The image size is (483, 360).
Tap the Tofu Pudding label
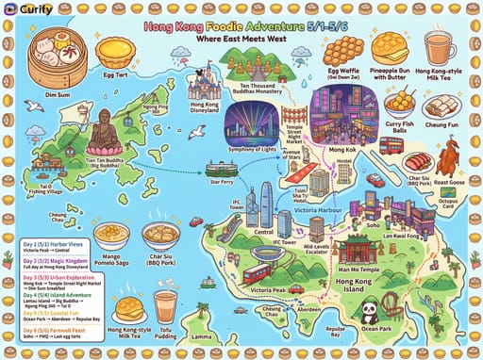point(167,333)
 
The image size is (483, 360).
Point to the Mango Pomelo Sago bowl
point(111,236)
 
